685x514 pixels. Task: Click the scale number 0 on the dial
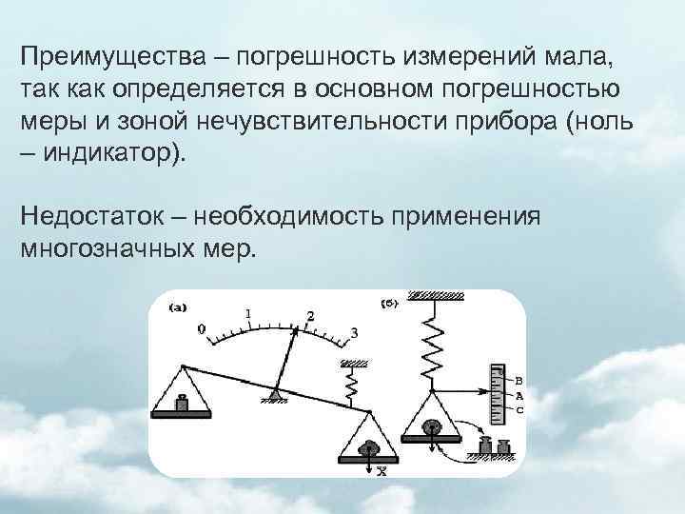(201, 328)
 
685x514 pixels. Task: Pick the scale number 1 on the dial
(248, 312)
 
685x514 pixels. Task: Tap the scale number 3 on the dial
(354, 332)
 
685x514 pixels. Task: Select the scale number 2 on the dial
(309, 315)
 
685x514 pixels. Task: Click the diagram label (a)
(177, 306)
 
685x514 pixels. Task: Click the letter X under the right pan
(382, 469)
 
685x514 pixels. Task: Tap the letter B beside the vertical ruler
(519, 380)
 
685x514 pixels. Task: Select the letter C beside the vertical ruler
(519, 409)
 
